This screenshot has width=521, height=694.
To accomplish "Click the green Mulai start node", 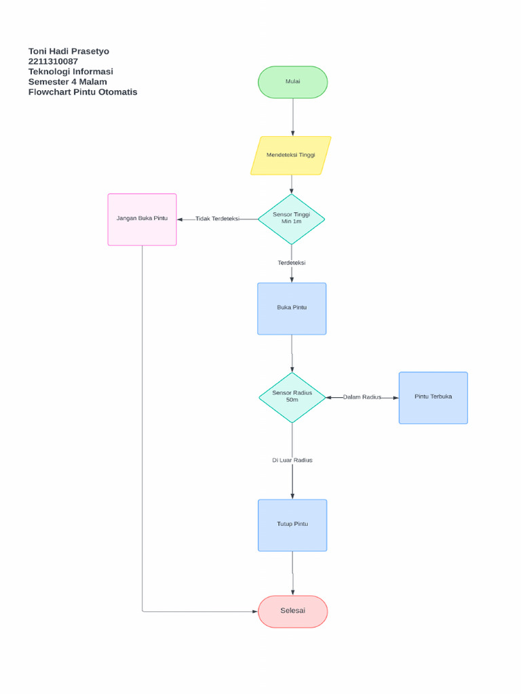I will (x=292, y=82).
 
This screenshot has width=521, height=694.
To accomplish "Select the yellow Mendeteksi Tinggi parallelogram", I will (x=290, y=155).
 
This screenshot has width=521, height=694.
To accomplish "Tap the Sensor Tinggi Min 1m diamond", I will (x=292, y=219).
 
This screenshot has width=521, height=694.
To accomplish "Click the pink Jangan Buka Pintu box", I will (x=142, y=219).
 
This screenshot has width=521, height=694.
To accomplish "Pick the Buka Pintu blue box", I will (x=292, y=308).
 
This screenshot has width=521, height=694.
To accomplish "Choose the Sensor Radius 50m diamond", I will (x=292, y=397).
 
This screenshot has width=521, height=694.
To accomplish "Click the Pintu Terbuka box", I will (x=433, y=397).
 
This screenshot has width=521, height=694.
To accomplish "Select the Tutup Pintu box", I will (x=292, y=525).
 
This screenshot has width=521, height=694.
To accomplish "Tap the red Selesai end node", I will (x=292, y=611).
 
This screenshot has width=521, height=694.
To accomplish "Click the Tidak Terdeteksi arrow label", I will (x=217, y=219).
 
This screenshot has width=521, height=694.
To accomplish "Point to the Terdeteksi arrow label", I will (x=292, y=263).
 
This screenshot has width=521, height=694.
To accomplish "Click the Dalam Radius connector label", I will (x=362, y=397).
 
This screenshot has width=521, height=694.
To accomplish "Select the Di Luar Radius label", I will (x=292, y=460).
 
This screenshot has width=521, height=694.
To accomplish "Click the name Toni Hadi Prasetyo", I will (x=69, y=52).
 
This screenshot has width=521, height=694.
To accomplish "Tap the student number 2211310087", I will (x=53, y=62).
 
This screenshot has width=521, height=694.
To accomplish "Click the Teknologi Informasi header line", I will (x=71, y=72).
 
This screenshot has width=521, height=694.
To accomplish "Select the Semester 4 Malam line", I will (x=67, y=82).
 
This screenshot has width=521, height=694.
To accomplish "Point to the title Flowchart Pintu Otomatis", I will (x=83, y=92).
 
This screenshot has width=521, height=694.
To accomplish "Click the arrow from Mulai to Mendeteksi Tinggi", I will (x=293, y=117).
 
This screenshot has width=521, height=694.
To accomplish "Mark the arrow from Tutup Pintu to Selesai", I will (x=293, y=573).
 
